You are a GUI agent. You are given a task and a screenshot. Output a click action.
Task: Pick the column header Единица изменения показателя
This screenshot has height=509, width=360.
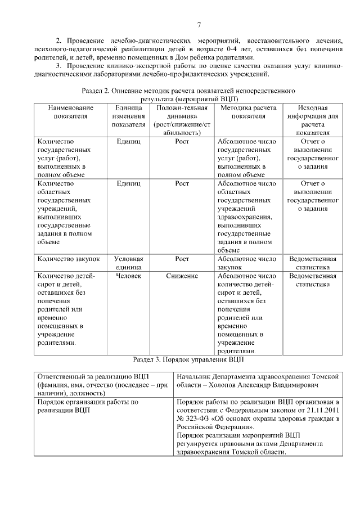click(128, 116)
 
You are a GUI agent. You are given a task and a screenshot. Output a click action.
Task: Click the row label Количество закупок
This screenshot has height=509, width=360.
click(68, 259)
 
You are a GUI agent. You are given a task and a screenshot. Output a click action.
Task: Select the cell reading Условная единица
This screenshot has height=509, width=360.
click(128, 263)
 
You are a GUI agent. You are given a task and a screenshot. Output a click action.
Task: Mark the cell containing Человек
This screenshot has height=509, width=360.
click(128, 276)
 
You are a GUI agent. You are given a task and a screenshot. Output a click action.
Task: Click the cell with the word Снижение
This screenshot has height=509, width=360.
click(182, 276)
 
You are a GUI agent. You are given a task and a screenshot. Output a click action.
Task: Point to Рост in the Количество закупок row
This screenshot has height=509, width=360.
click(182, 259)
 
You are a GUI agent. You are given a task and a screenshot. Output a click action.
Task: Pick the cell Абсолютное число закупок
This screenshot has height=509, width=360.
click(246, 263)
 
